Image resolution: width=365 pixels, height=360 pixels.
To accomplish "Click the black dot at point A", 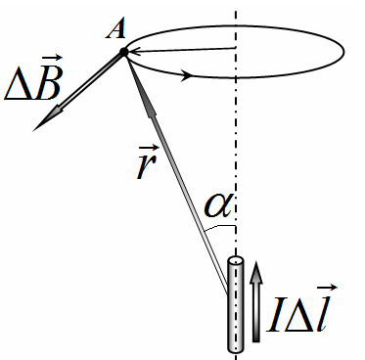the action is coord(123,52).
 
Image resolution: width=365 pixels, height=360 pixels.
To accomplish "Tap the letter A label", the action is coord(115,30).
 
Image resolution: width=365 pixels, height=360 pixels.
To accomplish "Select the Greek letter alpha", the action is coord(217,205).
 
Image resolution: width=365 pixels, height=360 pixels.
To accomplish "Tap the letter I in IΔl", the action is coord(276,314).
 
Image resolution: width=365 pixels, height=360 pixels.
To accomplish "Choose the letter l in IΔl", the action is coord(323,313).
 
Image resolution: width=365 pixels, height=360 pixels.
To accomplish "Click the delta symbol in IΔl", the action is coord(300,315).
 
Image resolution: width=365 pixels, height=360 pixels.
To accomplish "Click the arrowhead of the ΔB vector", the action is coord(46,118).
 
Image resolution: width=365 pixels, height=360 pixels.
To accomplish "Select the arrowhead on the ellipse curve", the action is coord(186,75).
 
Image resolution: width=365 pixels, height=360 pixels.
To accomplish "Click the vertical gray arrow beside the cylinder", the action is coord(256,302).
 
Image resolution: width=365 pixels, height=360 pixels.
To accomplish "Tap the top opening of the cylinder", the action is coord(236,261).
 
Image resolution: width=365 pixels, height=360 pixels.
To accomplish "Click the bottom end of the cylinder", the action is coord(236,348).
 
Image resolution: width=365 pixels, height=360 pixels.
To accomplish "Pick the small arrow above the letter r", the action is coord(149,149).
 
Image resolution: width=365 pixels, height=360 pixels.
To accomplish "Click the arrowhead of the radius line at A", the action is coord(134,52).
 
